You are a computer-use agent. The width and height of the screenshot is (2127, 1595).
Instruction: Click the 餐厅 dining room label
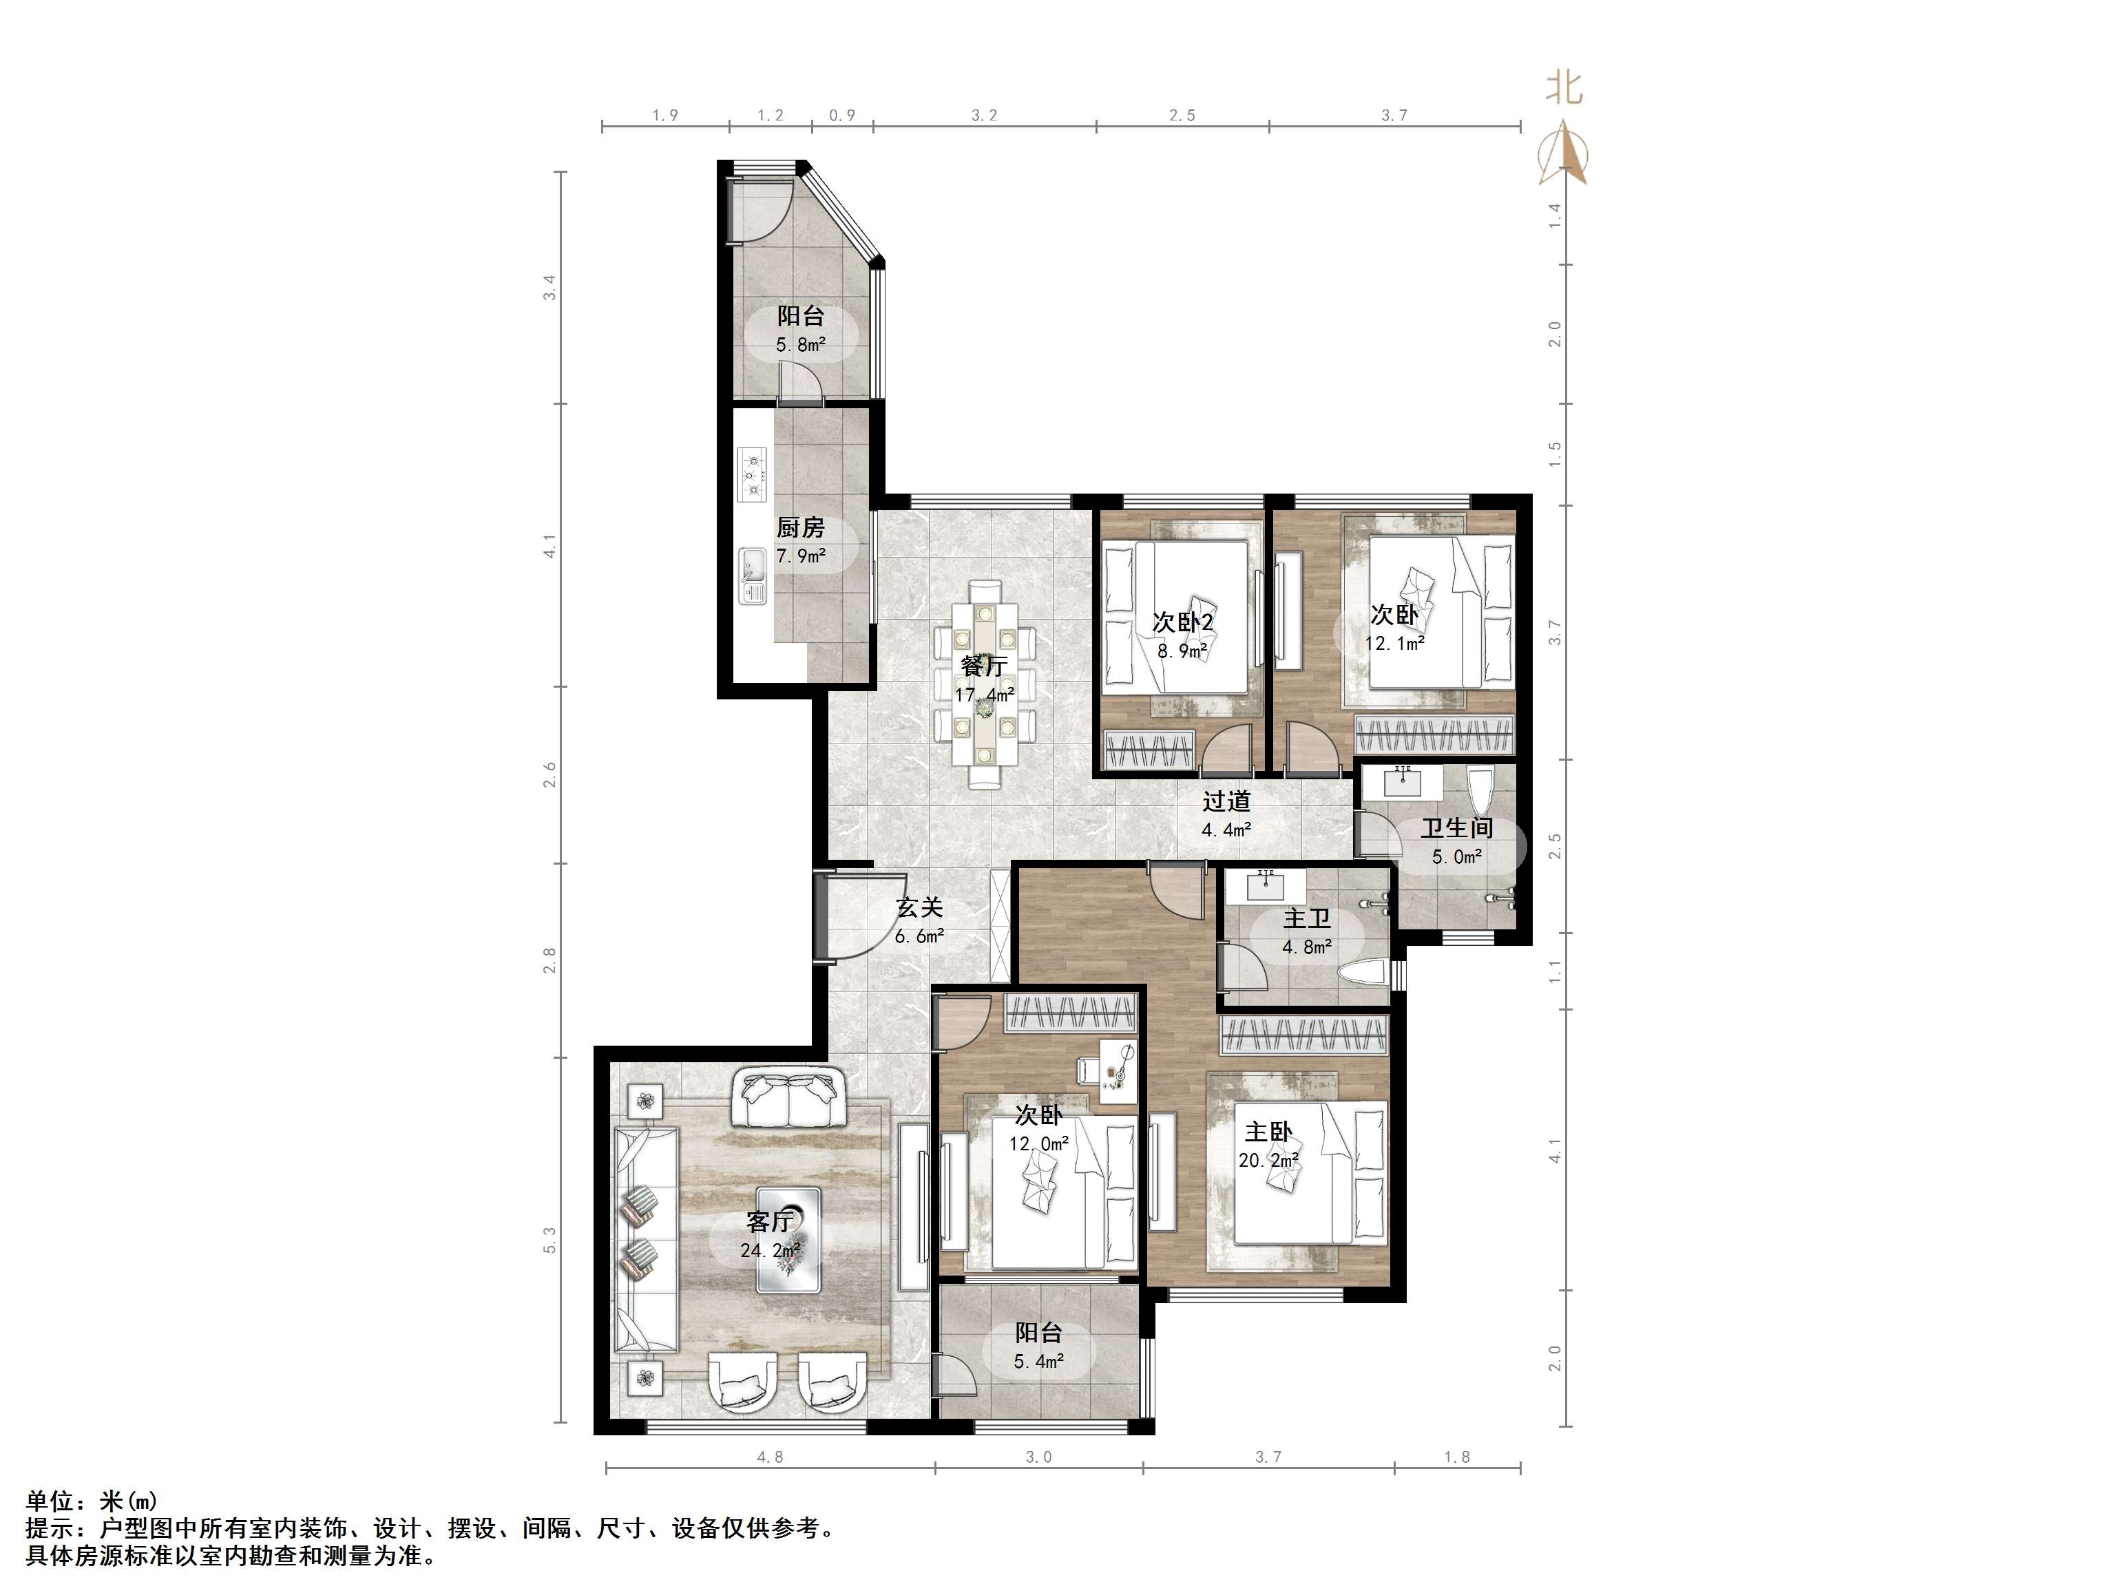click(x=984, y=665)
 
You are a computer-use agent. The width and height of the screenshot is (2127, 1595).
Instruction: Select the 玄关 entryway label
click(x=919, y=907)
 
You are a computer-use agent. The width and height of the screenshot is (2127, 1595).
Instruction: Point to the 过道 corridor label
click(x=1226, y=801)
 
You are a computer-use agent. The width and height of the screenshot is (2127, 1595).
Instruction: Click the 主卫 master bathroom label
click(x=1307, y=918)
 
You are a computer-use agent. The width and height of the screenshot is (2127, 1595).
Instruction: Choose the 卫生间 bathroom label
click(x=1457, y=827)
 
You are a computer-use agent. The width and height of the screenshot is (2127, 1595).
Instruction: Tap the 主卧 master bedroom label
click(x=1268, y=1132)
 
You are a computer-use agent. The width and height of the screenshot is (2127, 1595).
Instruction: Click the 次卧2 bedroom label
click(x=1183, y=622)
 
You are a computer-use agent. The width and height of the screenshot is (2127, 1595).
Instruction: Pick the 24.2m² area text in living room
click(x=771, y=1250)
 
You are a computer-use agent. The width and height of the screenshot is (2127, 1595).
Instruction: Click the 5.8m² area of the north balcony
click(x=801, y=344)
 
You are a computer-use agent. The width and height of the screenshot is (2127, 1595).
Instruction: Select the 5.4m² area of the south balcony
click(x=1038, y=1362)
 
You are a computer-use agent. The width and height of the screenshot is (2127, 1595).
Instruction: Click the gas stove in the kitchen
click(x=753, y=474)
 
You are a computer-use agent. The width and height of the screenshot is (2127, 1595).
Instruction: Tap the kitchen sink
click(x=752, y=576)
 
